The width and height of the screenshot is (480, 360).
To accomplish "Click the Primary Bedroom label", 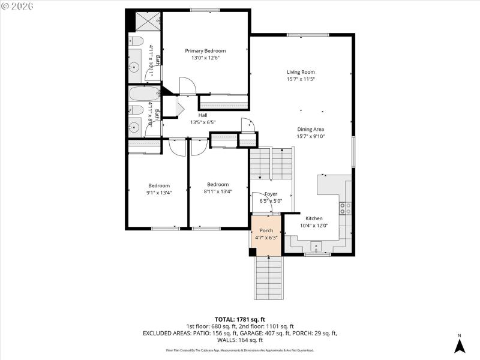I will [205, 51].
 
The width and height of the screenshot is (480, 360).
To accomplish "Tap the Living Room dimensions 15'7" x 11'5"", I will [301, 79].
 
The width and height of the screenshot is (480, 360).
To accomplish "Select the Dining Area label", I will [310, 129].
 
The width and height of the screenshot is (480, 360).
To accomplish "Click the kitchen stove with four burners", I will [346, 208].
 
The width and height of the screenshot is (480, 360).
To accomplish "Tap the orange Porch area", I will [266, 234].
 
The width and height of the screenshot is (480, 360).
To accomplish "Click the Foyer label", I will [271, 194].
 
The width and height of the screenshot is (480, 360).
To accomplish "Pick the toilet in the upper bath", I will [135, 41].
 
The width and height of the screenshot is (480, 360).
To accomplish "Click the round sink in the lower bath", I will [134, 127].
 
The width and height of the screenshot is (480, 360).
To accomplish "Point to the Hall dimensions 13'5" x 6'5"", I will [203, 122].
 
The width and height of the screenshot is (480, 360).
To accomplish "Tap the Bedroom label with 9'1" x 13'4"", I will [159, 185].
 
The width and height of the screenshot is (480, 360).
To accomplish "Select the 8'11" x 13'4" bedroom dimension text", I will [218, 192].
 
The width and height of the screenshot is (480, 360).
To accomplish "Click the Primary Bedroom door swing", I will [187, 87].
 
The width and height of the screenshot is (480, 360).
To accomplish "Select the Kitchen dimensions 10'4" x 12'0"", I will [314, 226].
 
